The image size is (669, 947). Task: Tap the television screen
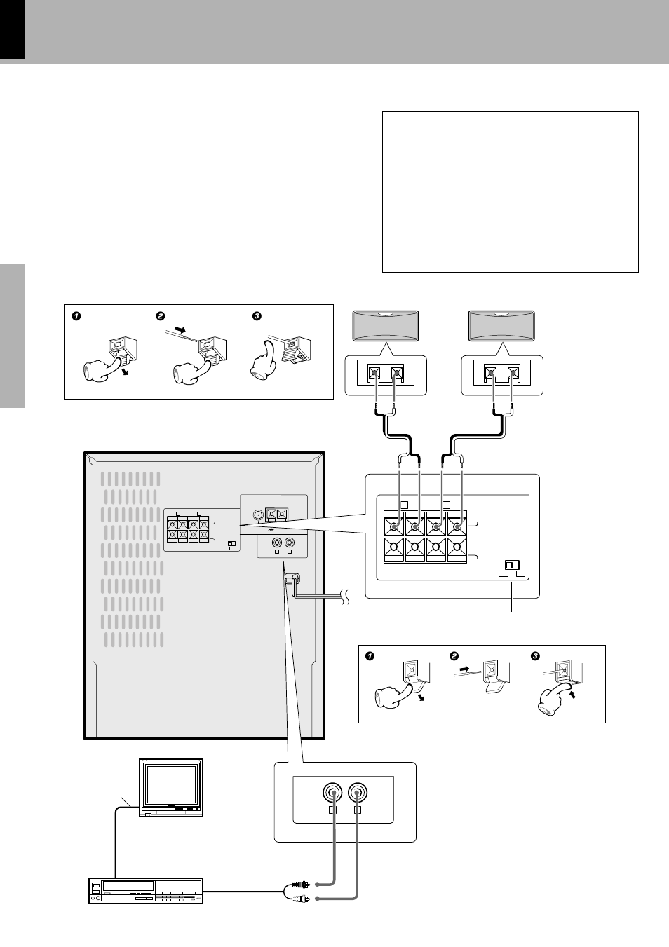[170, 785]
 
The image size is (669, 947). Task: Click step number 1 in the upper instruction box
[76, 316]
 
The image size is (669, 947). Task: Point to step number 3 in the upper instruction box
[257, 316]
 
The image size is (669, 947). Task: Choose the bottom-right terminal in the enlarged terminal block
[457, 549]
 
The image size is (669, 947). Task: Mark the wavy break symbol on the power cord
[342, 597]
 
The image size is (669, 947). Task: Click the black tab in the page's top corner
[13, 29]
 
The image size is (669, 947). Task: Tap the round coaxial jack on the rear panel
[259, 515]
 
